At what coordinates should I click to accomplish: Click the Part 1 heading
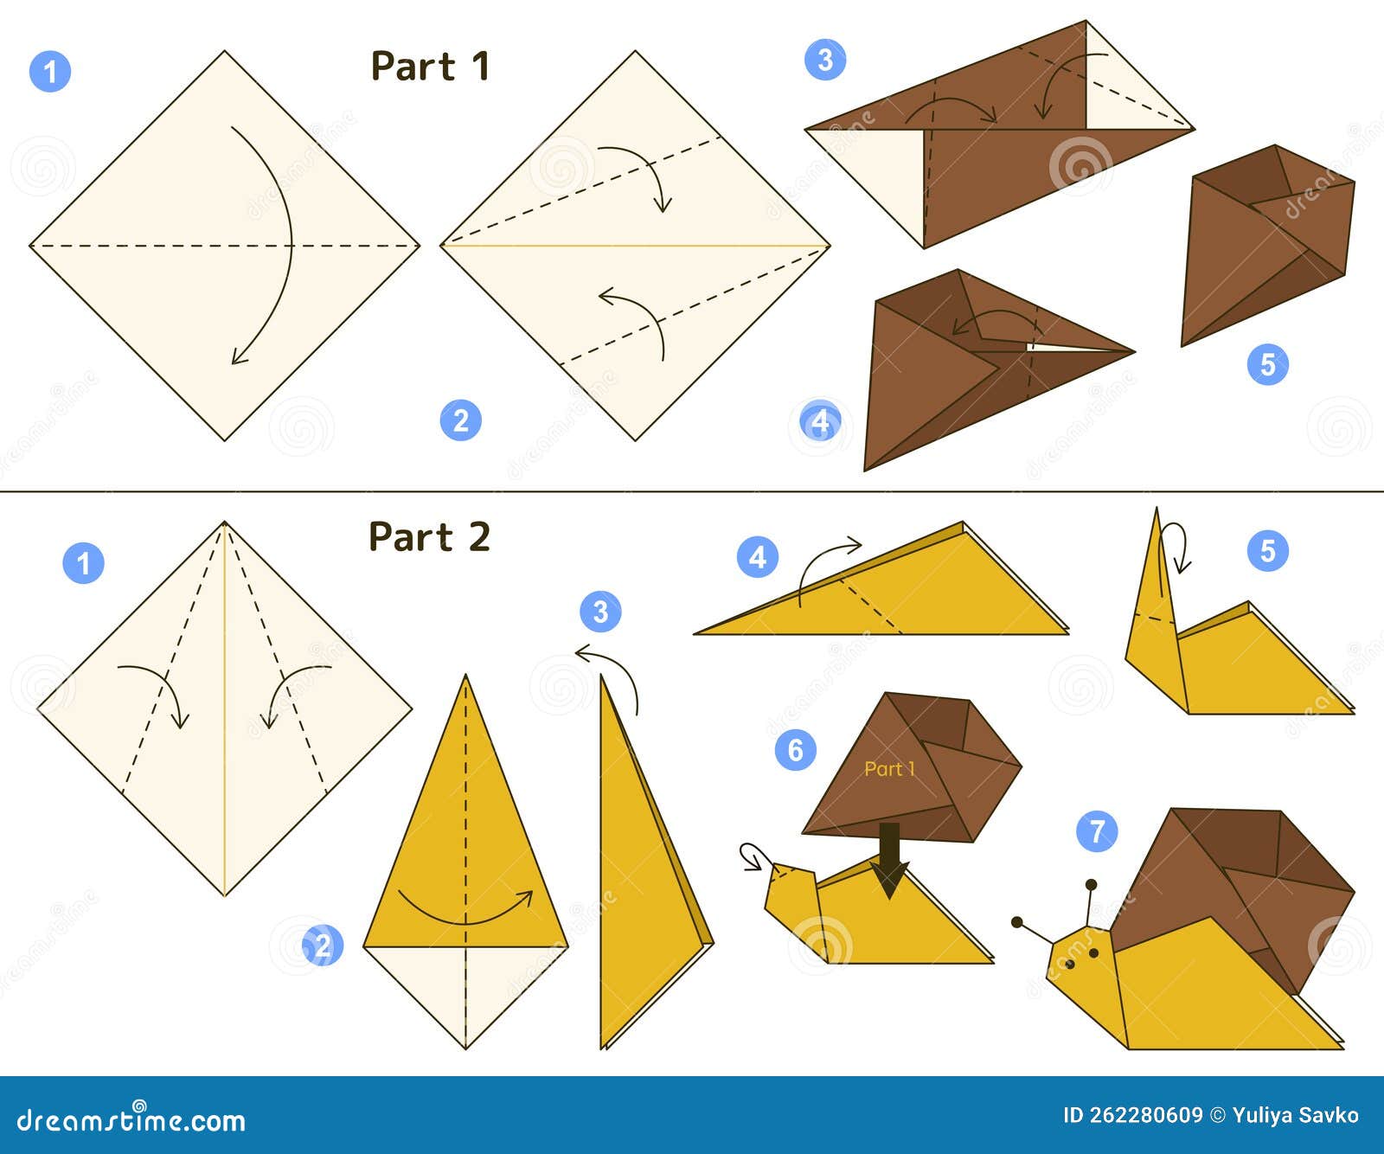pos(430,67)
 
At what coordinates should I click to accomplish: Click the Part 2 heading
pos(429,537)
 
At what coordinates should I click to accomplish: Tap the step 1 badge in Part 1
pos(50,71)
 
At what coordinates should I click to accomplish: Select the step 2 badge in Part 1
pos(460,420)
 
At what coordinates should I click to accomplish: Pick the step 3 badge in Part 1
pos(825,60)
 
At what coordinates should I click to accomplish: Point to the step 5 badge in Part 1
pos(1267,364)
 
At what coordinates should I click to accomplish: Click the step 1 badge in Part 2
pos(83,563)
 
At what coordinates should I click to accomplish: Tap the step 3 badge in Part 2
pos(600,612)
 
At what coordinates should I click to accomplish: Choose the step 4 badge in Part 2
pos(758,557)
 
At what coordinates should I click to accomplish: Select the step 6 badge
pos(796,749)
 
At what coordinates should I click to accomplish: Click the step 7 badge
pos(1097,831)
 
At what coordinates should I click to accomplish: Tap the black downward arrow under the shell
pos(889,861)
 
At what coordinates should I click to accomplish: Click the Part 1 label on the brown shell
pos(889,769)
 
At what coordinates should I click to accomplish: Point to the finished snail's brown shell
pos(1237,882)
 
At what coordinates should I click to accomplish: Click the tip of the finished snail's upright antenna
pos(1092,885)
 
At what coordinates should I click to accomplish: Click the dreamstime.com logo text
pos(131,1120)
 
